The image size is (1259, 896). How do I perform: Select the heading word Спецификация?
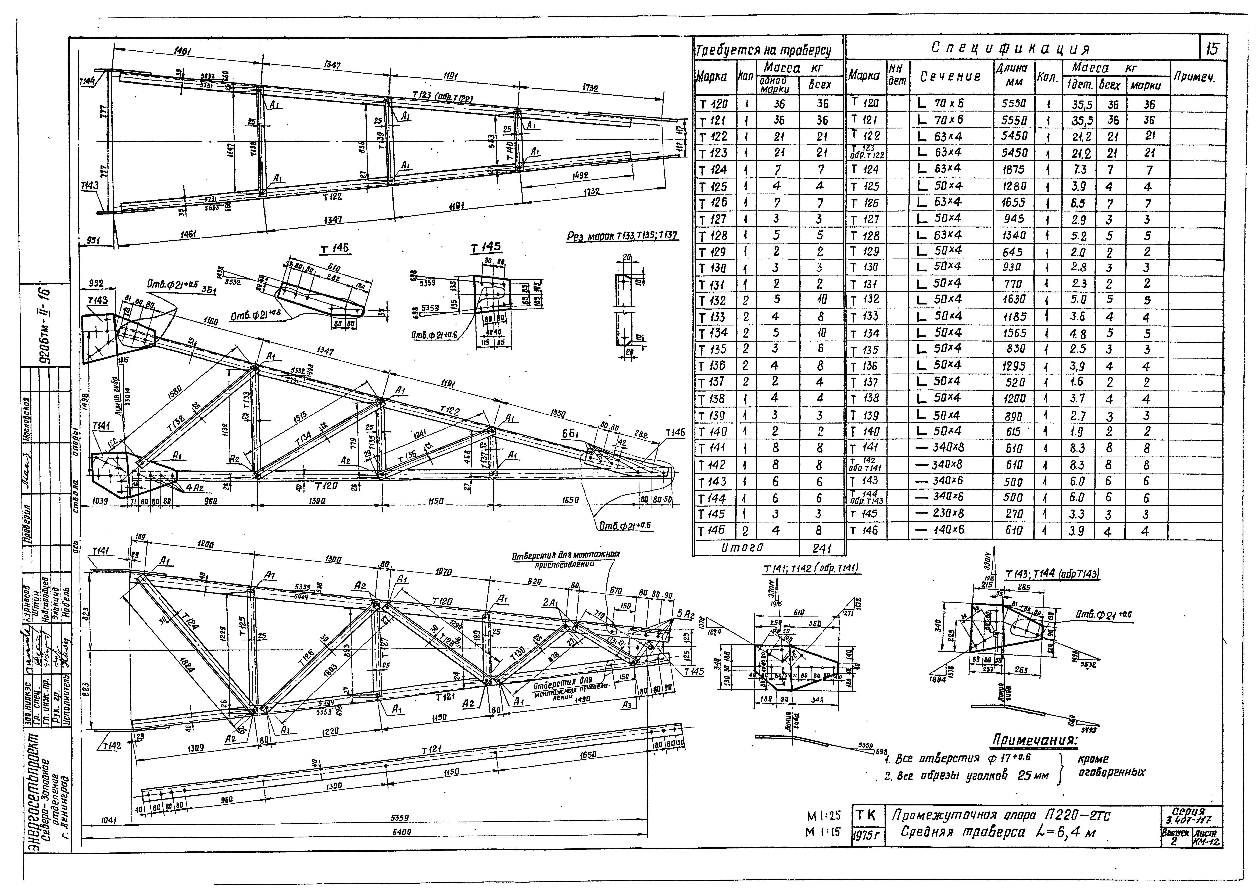[x=1010, y=49]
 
